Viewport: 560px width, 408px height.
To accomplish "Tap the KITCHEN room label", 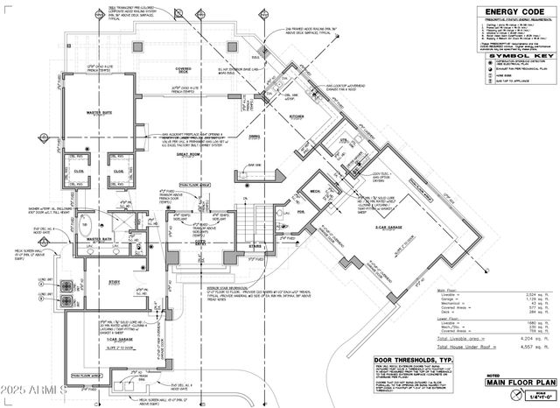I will [x=297, y=116].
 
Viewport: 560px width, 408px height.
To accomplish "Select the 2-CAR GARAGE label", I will [x=388, y=228].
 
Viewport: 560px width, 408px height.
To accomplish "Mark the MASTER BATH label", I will [x=101, y=239].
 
